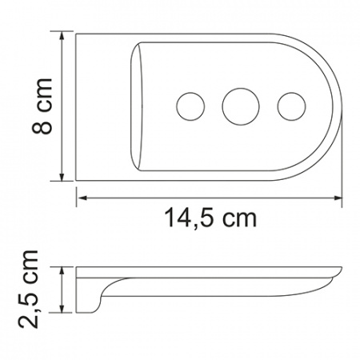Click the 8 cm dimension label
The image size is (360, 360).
point(42,106)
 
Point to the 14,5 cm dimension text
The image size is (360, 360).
point(210,218)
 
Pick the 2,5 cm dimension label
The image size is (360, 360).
point(29,290)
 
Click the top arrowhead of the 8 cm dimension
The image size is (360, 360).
point(62,36)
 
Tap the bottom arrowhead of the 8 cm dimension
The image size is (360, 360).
point(62,177)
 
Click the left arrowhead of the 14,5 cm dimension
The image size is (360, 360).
point(81,198)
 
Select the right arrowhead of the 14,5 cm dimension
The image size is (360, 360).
point(338,198)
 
